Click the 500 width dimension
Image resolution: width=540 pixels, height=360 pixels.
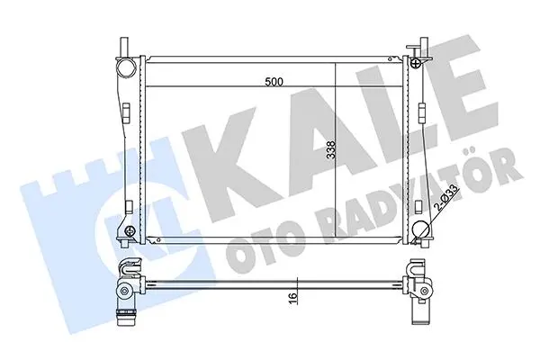point(274,82)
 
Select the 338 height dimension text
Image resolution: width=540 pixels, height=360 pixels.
point(331,150)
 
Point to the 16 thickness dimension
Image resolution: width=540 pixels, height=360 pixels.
point(292,296)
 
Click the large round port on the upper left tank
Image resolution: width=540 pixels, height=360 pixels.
point(126,67)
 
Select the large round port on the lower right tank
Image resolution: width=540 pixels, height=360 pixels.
point(421,230)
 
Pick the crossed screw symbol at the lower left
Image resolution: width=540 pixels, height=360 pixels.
point(130,230)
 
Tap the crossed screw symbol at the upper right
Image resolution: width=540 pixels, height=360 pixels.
point(416,63)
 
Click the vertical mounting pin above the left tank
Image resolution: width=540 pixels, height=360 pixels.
point(125,46)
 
